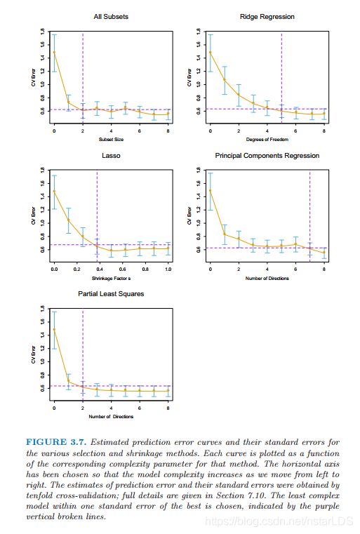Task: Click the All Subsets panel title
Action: (111, 16)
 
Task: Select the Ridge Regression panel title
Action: (267, 17)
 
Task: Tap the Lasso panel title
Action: (111, 155)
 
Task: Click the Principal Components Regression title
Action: (267, 156)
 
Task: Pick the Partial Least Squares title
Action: (111, 293)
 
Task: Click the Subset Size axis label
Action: (111, 140)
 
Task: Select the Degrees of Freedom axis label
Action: (267, 140)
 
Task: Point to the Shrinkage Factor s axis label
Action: (111, 279)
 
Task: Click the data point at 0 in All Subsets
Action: (54, 52)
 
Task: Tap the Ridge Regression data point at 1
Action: (225, 80)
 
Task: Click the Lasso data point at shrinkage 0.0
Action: (54, 191)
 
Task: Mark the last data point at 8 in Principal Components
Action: (324, 253)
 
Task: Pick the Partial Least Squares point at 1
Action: (69, 381)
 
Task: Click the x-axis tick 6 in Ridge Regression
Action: (295, 131)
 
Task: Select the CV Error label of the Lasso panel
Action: (34, 215)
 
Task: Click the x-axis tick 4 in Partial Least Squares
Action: (111, 408)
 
